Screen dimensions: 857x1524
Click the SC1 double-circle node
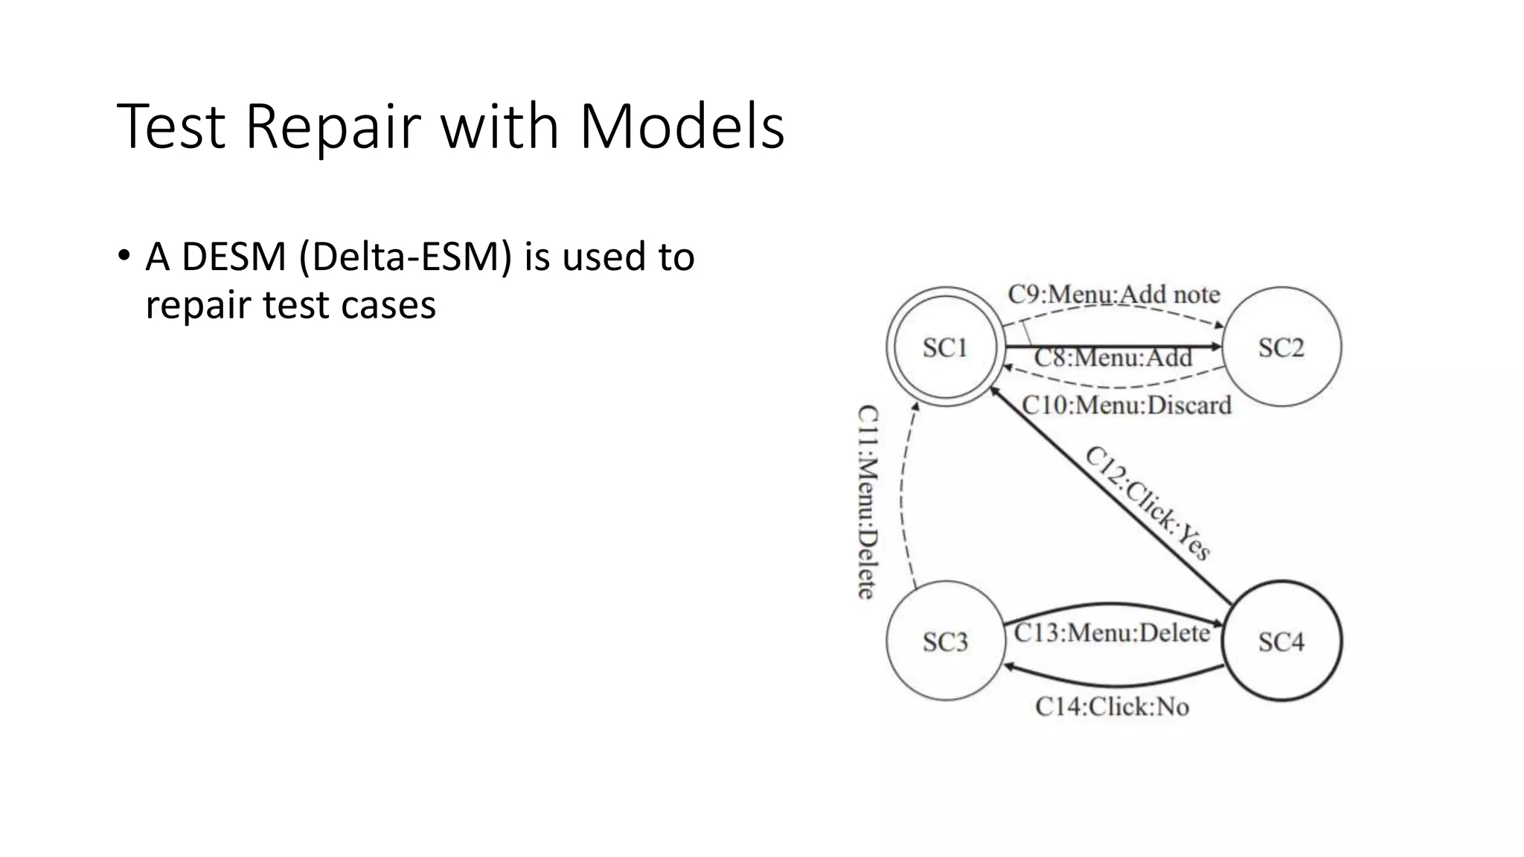(945, 347)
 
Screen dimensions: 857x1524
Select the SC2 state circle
(1281, 347)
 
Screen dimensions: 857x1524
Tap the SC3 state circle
(945, 641)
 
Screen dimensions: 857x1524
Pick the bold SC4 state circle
(1281, 641)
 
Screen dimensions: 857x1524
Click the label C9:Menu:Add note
(1113, 295)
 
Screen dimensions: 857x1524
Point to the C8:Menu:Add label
(1113, 358)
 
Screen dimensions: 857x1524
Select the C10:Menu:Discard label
(1127, 405)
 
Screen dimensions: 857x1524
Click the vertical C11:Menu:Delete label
(868, 502)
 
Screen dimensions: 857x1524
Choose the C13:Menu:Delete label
(1112, 633)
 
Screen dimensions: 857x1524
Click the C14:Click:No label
(1112, 706)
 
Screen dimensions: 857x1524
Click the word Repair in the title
(333, 126)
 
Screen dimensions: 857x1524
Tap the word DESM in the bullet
(234, 257)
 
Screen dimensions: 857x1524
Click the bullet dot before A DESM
(124, 255)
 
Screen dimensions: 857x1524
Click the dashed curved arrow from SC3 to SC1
(902, 498)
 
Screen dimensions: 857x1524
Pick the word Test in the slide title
(171, 126)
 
